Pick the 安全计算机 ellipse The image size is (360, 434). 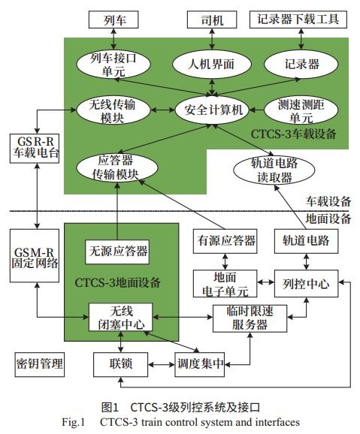(x=212, y=110)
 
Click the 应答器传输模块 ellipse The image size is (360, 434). (x=118, y=167)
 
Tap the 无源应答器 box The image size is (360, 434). (x=118, y=249)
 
